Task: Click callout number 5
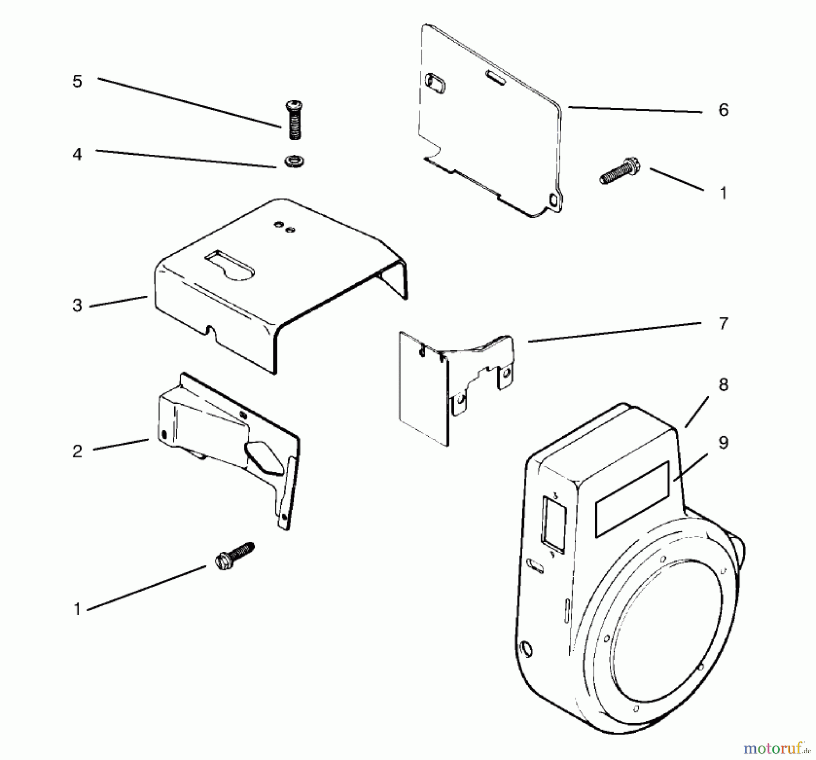77,82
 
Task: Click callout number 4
77,154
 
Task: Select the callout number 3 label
77,305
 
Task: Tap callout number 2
77,451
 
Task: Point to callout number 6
723,110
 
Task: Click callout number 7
723,324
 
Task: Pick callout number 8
723,385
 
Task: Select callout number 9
723,442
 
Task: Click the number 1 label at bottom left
77,609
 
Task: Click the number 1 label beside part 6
723,193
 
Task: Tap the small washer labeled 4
294,161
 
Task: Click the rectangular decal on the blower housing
632,500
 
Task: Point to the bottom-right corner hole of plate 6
553,199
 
